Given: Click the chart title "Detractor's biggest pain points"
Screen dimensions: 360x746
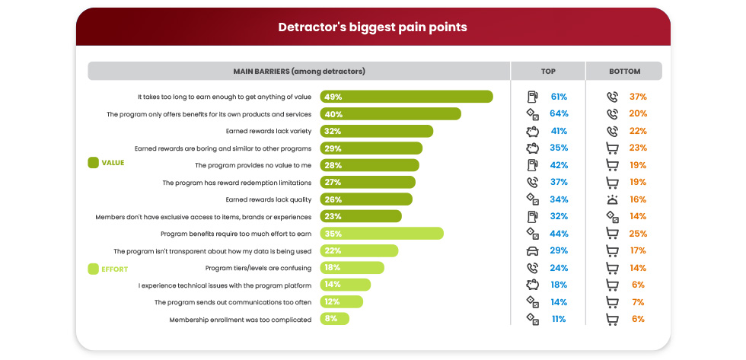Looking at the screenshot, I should [x=372, y=27].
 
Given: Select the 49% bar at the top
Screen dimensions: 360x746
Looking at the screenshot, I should [x=406, y=97].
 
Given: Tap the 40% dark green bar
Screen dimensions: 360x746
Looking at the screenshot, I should [x=391, y=114].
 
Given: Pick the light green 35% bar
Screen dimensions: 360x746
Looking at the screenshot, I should [x=381, y=234].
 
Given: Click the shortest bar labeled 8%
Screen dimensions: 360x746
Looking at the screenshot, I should [x=334, y=320].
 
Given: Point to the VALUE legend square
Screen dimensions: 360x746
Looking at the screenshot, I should [x=94, y=162].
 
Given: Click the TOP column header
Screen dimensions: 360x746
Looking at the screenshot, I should [x=548, y=71].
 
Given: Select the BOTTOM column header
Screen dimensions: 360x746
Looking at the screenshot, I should [x=624, y=71].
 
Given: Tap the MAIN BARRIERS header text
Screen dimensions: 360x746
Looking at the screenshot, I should [x=298, y=71].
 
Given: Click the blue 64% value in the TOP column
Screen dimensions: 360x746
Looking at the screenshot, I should [x=559, y=114].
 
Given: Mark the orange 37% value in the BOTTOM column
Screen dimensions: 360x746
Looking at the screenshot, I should [x=637, y=97].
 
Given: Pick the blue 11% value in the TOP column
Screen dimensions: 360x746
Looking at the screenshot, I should [x=559, y=320].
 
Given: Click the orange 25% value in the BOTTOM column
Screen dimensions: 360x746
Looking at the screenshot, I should [x=637, y=234].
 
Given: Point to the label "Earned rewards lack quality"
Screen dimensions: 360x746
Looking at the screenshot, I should [x=268, y=199].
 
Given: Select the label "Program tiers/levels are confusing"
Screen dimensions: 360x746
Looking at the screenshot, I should [x=258, y=268].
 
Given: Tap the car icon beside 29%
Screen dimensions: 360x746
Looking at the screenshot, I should [x=533, y=250].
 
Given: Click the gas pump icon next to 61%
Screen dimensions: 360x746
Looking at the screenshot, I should [x=533, y=97].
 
